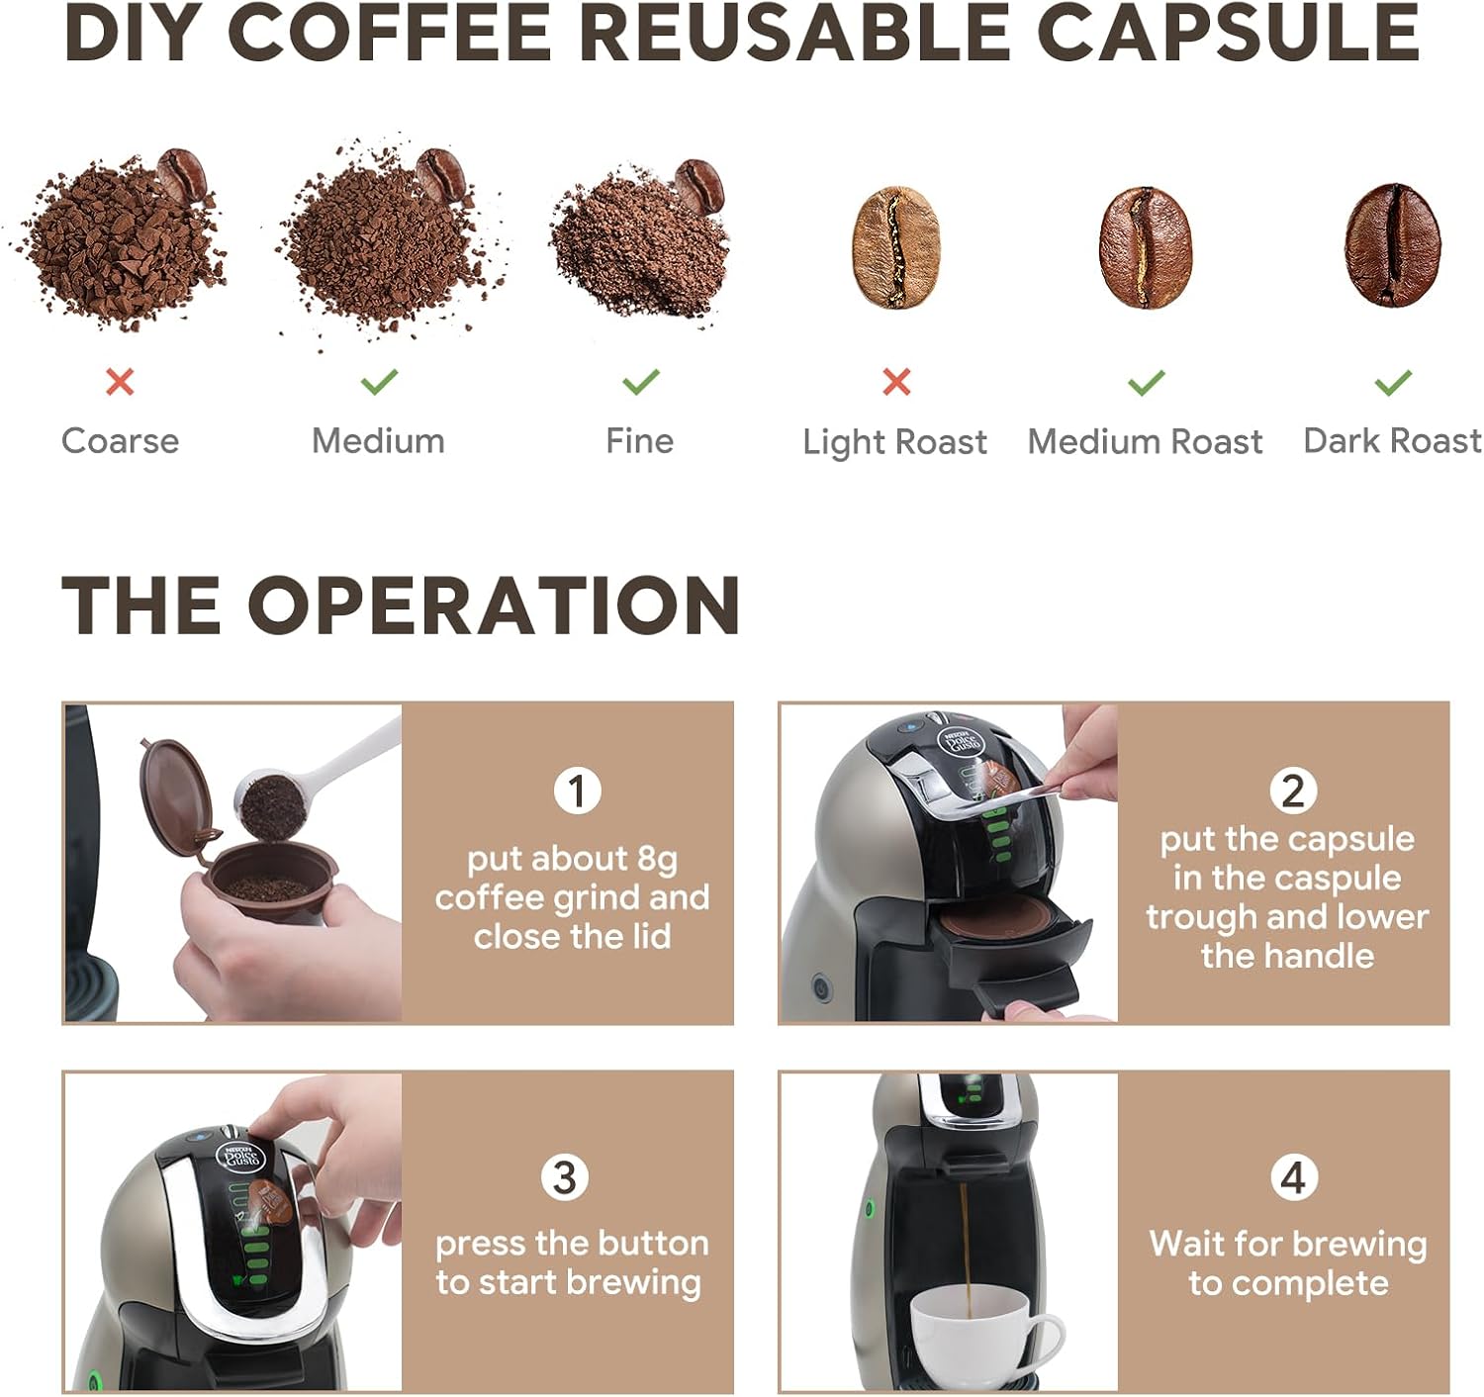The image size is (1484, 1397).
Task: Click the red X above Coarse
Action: pyautogui.click(x=120, y=382)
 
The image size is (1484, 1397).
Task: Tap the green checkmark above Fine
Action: pyautogui.click(x=640, y=381)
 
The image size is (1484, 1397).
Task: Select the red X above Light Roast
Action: pyautogui.click(x=896, y=382)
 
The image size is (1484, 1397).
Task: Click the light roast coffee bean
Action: pyautogui.click(x=896, y=246)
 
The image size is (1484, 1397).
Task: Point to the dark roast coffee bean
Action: pyautogui.click(x=1392, y=245)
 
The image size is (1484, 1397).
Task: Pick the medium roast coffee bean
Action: pyautogui.click(x=1146, y=246)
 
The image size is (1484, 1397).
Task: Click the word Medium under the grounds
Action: pyautogui.click(x=378, y=441)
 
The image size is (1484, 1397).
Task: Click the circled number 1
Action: pyautogui.click(x=577, y=791)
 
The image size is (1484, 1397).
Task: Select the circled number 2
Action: pyautogui.click(x=1293, y=791)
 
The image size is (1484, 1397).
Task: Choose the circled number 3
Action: pyautogui.click(x=564, y=1178)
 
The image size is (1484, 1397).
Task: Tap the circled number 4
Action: pyautogui.click(x=1293, y=1178)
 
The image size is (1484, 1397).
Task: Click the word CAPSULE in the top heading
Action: pyautogui.click(x=1228, y=34)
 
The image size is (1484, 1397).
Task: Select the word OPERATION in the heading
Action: pyautogui.click(x=493, y=605)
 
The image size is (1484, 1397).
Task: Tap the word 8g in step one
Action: pyautogui.click(x=657, y=861)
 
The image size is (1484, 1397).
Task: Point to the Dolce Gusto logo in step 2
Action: pyautogui.click(x=961, y=744)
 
